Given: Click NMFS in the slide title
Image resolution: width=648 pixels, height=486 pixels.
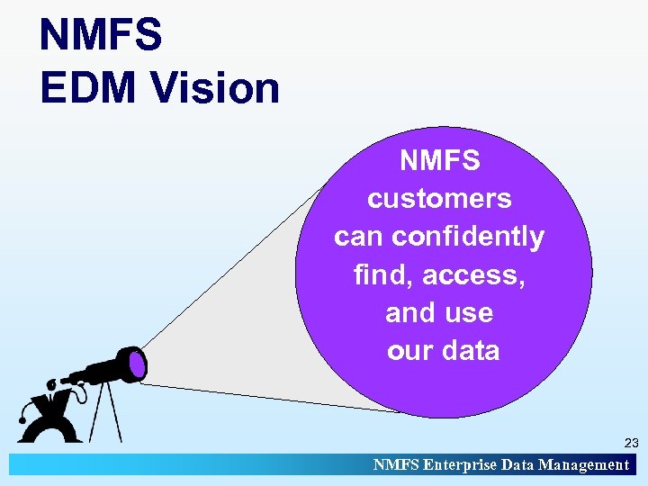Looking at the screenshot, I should click(x=101, y=35).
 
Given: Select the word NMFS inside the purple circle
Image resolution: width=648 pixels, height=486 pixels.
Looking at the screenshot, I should click(x=440, y=161).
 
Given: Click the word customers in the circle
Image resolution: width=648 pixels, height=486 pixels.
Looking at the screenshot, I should click(x=439, y=199).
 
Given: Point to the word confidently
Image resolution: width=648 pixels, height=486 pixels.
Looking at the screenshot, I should click(x=469, y=237).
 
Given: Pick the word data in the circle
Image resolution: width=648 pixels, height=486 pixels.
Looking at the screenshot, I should click(x=470, y=350).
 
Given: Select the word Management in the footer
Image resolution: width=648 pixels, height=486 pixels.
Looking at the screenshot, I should click(x=583, y=464).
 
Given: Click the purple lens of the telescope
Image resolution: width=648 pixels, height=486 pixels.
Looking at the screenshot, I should click(x=136, y=363).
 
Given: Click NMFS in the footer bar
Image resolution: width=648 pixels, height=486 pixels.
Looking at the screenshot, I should click(x=394, y=464).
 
